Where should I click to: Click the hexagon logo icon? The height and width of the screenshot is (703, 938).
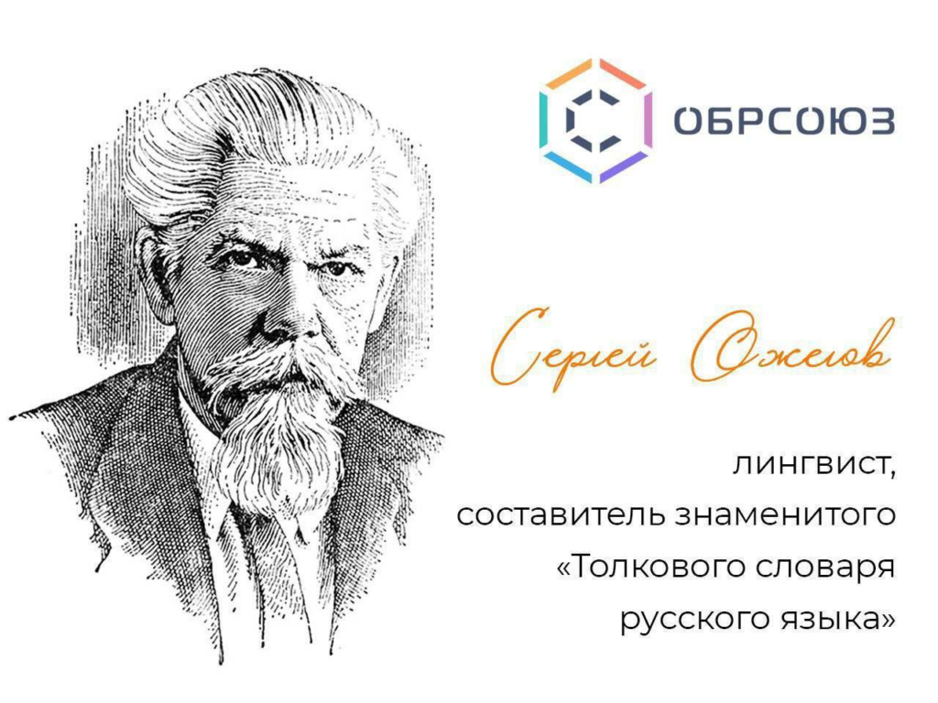point(595,121)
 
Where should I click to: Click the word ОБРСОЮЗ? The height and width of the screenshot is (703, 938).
point(784,122)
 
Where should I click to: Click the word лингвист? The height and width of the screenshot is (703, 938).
point(814,464)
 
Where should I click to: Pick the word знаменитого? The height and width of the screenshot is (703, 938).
point(785,516)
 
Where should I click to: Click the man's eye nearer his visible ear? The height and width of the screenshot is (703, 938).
point(241,259)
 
